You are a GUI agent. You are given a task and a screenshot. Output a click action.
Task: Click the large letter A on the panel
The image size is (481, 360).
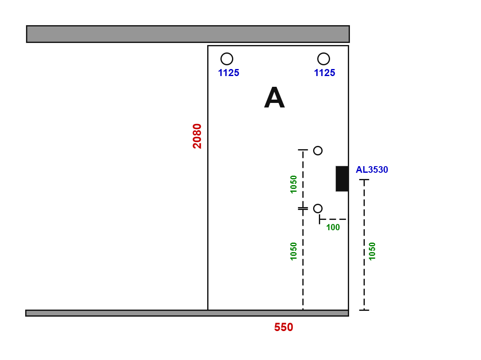tap(275, 98)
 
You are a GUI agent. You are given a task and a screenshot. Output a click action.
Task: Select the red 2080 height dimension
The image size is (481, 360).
tap(197, 136)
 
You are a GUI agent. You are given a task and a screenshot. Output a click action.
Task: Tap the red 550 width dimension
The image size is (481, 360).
tap(283, 327)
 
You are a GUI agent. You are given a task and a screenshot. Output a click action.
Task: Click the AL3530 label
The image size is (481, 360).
tap(372, 169)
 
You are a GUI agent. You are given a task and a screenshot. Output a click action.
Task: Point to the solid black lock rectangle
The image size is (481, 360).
tap(342, 179)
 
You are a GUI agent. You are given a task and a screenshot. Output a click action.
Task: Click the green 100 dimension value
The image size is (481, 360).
tap(333, 227)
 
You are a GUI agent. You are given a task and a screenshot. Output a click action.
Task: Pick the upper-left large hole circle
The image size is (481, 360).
tap(227, 59)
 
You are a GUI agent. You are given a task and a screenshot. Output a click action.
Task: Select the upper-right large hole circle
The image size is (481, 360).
tap(324, 59)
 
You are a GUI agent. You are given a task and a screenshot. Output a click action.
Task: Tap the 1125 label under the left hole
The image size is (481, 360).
tap(229, 73)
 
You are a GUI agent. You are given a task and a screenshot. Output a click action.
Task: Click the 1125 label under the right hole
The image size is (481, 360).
tap(325, 73)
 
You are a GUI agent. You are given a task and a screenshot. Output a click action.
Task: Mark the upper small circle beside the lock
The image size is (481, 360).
tap(318, 150)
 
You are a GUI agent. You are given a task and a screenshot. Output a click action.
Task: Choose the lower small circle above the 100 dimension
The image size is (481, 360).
tap(318, 208)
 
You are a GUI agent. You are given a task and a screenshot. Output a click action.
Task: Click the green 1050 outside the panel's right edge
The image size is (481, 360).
tap(372, 251)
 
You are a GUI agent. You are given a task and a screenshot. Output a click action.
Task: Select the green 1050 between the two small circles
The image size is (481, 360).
tap(294, 185)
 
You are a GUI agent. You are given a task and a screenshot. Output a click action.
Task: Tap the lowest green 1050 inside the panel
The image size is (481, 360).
tap(294, 251)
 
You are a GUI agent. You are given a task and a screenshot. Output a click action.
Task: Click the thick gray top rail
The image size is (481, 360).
tap(188, 34)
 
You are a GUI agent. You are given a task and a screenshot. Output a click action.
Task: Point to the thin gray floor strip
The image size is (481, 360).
tap(187, 313)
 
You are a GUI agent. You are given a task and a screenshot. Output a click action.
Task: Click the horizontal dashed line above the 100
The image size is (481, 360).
tap(333, 219)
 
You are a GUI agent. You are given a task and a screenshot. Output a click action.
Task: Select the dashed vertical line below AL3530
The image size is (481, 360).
tap(364, 245)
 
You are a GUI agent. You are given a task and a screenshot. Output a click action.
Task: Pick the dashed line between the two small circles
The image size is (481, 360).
tap(303, 179)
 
